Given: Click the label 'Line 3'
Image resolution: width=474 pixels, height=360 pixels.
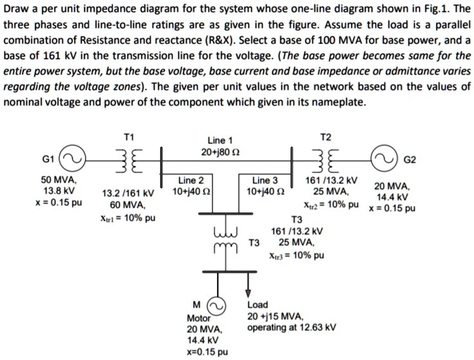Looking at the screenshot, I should pos(265,180).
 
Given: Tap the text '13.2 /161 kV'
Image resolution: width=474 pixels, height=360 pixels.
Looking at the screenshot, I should pos(128,193).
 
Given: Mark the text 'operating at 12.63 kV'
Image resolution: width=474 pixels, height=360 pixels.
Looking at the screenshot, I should pos(291,327).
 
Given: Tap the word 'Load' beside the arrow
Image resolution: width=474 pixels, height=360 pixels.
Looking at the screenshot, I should pos(258,305).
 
